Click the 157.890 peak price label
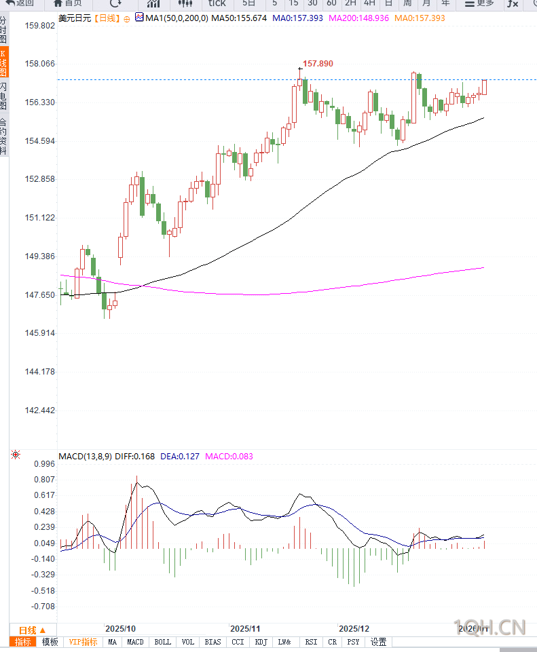coord(318,64)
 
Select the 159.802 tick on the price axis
coord(39,26)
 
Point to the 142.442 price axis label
coord(39,410)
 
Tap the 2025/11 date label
coord(245,629)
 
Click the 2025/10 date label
coord(121,629)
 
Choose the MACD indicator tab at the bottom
coord(135,642)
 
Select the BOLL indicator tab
coord(163,642)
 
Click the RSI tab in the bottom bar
coord(311,642)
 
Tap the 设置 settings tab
coord(378,642)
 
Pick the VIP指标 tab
coord(84,642)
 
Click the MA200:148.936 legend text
coord(358,18)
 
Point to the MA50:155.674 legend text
coord(239,18)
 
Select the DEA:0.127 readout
coord(180,457)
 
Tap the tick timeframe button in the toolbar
coord(217,3)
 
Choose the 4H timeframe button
coord(369,3)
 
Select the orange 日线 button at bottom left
coord(32,630)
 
